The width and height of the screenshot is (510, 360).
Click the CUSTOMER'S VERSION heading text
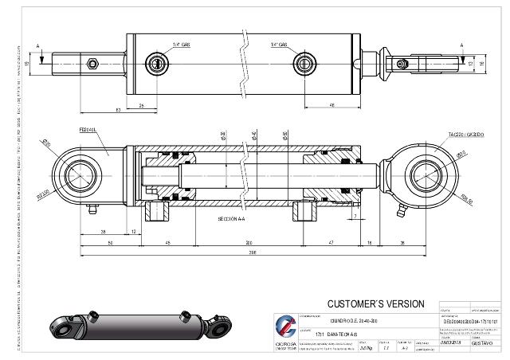377,304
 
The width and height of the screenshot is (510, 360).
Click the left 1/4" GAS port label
181,45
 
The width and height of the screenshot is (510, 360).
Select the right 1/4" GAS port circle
304,63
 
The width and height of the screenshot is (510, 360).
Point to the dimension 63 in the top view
119,110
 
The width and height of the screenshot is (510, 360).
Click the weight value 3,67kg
366,348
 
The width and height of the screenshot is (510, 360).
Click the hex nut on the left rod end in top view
92,63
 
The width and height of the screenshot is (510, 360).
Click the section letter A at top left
37,45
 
